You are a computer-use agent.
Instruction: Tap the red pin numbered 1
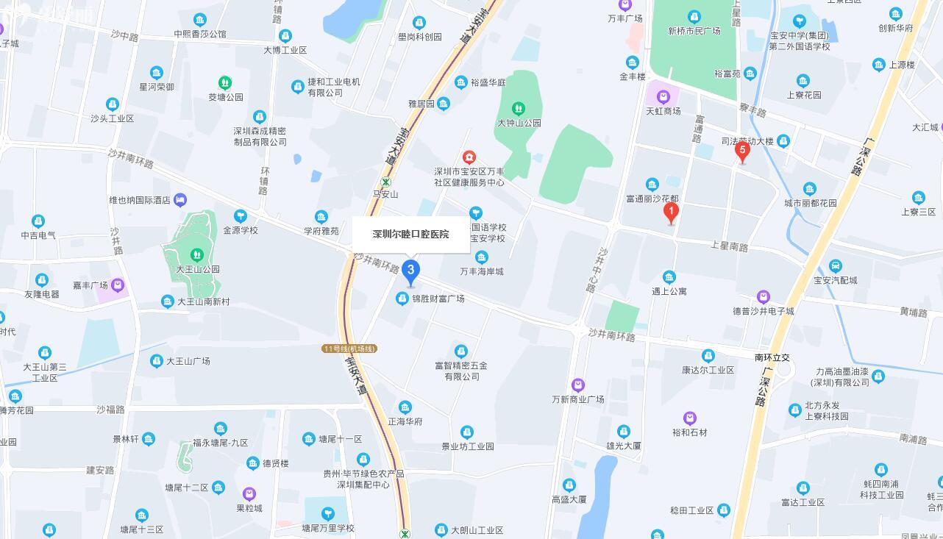point(670,213)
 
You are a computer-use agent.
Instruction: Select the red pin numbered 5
point(742,152)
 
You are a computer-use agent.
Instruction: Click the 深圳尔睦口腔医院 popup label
point(410,235)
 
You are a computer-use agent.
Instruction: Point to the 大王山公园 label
point(198,269)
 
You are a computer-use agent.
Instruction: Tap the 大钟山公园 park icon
point(519,109)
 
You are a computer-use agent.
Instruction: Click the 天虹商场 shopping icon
point(663,96)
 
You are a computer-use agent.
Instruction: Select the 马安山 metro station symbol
point(385,182)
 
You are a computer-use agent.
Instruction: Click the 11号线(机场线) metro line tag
point(349,349)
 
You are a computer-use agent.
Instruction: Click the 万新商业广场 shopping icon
point(578,385)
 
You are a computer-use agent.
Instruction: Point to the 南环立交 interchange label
point(772,357)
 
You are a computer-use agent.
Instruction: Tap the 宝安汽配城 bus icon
point(835,265)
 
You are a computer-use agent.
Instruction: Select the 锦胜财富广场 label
point(438,299)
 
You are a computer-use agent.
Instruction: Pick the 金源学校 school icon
point(241,215)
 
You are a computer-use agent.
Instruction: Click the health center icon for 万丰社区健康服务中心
point(469,157)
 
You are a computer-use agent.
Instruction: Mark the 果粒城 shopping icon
point(249,493)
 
